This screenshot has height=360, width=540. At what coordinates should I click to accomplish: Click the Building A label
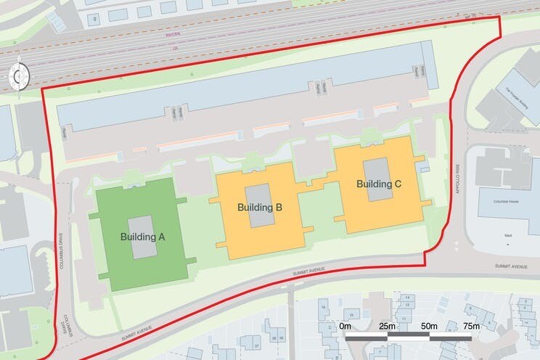(x=142, y=237)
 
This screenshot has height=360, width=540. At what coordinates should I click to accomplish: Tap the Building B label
(x=259, y=208)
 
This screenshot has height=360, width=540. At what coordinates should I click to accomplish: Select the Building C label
(x=378, y=184)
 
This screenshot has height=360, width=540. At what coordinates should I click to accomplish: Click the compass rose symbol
(x=19, y=75)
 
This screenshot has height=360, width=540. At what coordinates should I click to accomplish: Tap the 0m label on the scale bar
(x=346, y=327)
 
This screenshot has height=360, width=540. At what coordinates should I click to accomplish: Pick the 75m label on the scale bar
(x=471, y=327)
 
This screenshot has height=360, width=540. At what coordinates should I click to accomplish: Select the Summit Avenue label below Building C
(x=306, y=271)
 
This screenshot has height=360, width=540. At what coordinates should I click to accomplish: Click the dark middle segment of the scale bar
(x=406, y=338)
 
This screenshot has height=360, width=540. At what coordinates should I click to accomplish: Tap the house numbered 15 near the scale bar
(x=351, y=314)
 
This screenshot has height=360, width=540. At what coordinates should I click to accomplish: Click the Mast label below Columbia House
(x=508, y=236)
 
